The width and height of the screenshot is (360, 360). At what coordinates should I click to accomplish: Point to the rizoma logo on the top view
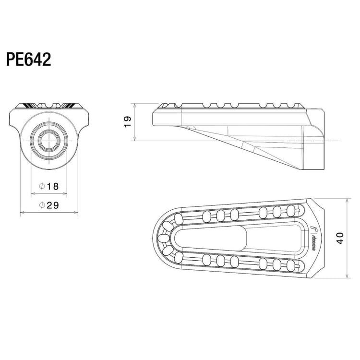coord(312,238)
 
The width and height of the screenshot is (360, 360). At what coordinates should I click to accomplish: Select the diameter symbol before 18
coord(42,186)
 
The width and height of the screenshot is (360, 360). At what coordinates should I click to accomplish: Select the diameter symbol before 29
coord(42,205)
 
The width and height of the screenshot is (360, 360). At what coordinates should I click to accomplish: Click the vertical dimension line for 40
coord(348,238)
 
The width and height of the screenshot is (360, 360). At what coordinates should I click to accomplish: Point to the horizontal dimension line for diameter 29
coord(48,212)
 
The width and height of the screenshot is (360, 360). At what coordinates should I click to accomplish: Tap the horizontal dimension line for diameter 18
coord(48,193)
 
